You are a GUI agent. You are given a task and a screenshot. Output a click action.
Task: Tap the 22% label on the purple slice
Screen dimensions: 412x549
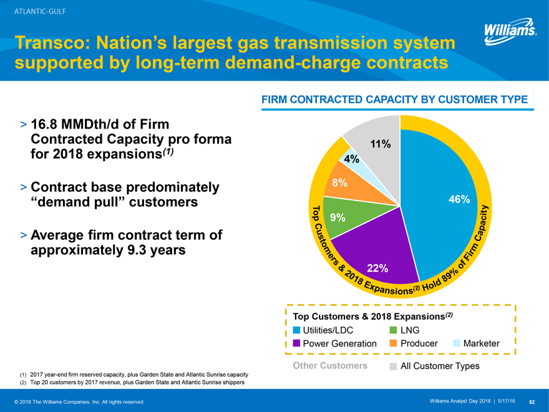377,268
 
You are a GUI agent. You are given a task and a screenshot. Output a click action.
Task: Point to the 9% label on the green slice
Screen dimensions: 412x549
338,218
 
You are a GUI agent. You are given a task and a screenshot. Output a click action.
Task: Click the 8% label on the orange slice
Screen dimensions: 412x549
339,183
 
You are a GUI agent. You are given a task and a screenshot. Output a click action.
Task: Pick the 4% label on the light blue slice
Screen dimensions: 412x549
352,159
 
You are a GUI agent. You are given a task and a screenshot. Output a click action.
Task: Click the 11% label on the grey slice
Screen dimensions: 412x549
381,144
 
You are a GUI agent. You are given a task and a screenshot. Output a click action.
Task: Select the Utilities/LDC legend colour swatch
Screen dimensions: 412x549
296,330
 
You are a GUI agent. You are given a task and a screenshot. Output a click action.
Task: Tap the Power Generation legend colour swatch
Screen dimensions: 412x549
296,343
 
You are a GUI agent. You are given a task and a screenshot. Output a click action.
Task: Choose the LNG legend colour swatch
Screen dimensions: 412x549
393,330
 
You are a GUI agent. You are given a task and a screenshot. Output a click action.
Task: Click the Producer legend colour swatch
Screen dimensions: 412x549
393,343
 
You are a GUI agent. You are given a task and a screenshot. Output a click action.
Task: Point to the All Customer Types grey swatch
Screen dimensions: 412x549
393,366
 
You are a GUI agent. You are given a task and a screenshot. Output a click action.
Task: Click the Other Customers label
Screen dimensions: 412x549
329,366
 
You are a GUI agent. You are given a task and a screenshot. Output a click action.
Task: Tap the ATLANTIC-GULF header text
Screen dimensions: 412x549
41,11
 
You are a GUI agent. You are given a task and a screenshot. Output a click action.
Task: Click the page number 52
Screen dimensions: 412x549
533,401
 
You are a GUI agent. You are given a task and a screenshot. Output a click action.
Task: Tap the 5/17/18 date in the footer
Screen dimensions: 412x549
507,401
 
